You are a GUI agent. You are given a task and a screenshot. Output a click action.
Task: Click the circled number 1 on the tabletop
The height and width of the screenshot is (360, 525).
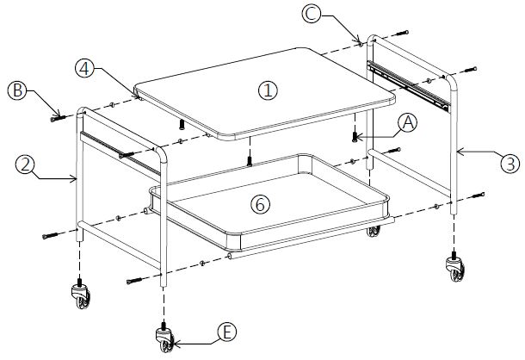click(269, 90)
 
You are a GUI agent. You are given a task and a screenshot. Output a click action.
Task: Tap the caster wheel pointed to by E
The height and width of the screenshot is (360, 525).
click(164, 338)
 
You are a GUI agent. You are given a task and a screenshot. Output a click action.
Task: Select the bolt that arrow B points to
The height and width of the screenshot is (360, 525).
click(58, 116)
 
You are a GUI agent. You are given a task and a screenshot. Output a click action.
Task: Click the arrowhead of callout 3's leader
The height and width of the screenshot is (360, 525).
click(457, 151)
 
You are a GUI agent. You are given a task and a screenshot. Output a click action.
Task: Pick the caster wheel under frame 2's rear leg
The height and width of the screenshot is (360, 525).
click(80, 298)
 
